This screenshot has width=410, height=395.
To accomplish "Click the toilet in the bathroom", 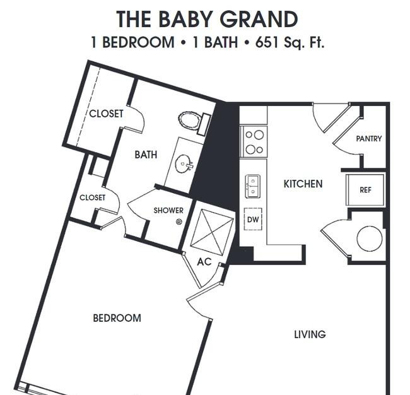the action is coord(195,122).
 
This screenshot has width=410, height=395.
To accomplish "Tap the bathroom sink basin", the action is coord(184,164).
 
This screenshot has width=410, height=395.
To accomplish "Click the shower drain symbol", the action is coord(179,222).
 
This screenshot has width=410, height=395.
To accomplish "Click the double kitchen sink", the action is coord(252,186).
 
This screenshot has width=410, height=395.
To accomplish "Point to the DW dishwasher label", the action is coord(253,220).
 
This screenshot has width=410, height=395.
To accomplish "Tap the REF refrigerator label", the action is coord(365,190).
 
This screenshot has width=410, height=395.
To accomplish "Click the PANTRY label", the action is coord(369,139).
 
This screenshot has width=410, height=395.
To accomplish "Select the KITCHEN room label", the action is coord(303,184).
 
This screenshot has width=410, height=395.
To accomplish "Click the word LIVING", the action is coord(310,334).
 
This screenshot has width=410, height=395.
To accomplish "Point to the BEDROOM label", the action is coord(117,318).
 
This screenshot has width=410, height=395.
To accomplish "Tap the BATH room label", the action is coord(146,155).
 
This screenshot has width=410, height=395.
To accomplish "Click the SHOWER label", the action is coord(168,211).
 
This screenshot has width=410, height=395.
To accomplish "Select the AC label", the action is coord(204,262).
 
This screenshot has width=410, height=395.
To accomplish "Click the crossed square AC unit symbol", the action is coord(212,232).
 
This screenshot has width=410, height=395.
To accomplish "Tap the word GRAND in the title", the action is coord(259,19).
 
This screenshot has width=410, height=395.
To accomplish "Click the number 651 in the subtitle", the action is coord(266,42).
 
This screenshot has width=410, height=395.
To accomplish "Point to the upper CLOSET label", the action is coord(106,114).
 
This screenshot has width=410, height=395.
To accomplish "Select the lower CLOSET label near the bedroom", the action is coord(92,197).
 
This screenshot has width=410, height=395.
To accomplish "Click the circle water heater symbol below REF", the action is coord(370,239).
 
